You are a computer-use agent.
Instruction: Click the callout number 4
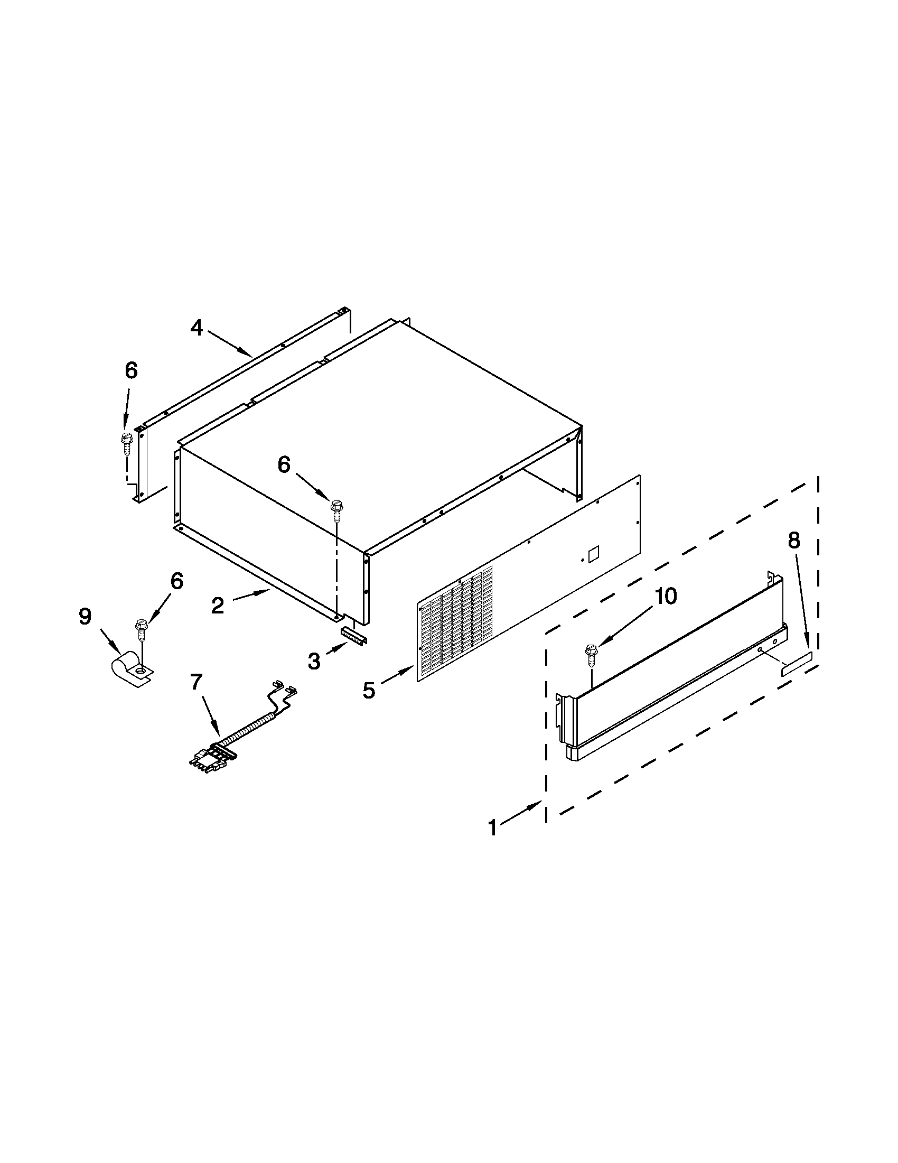tap(197, 328)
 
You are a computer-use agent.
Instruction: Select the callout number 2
tap(218, 606)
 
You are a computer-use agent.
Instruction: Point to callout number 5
tap(368, 690)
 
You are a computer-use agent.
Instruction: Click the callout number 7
tap(197, 682)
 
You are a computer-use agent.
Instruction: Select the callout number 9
tap(85, 617)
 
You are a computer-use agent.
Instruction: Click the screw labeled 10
tap(591, 653)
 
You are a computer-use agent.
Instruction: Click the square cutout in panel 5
tap(594, 551)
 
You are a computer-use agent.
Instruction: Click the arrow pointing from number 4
tap(229, 343)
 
